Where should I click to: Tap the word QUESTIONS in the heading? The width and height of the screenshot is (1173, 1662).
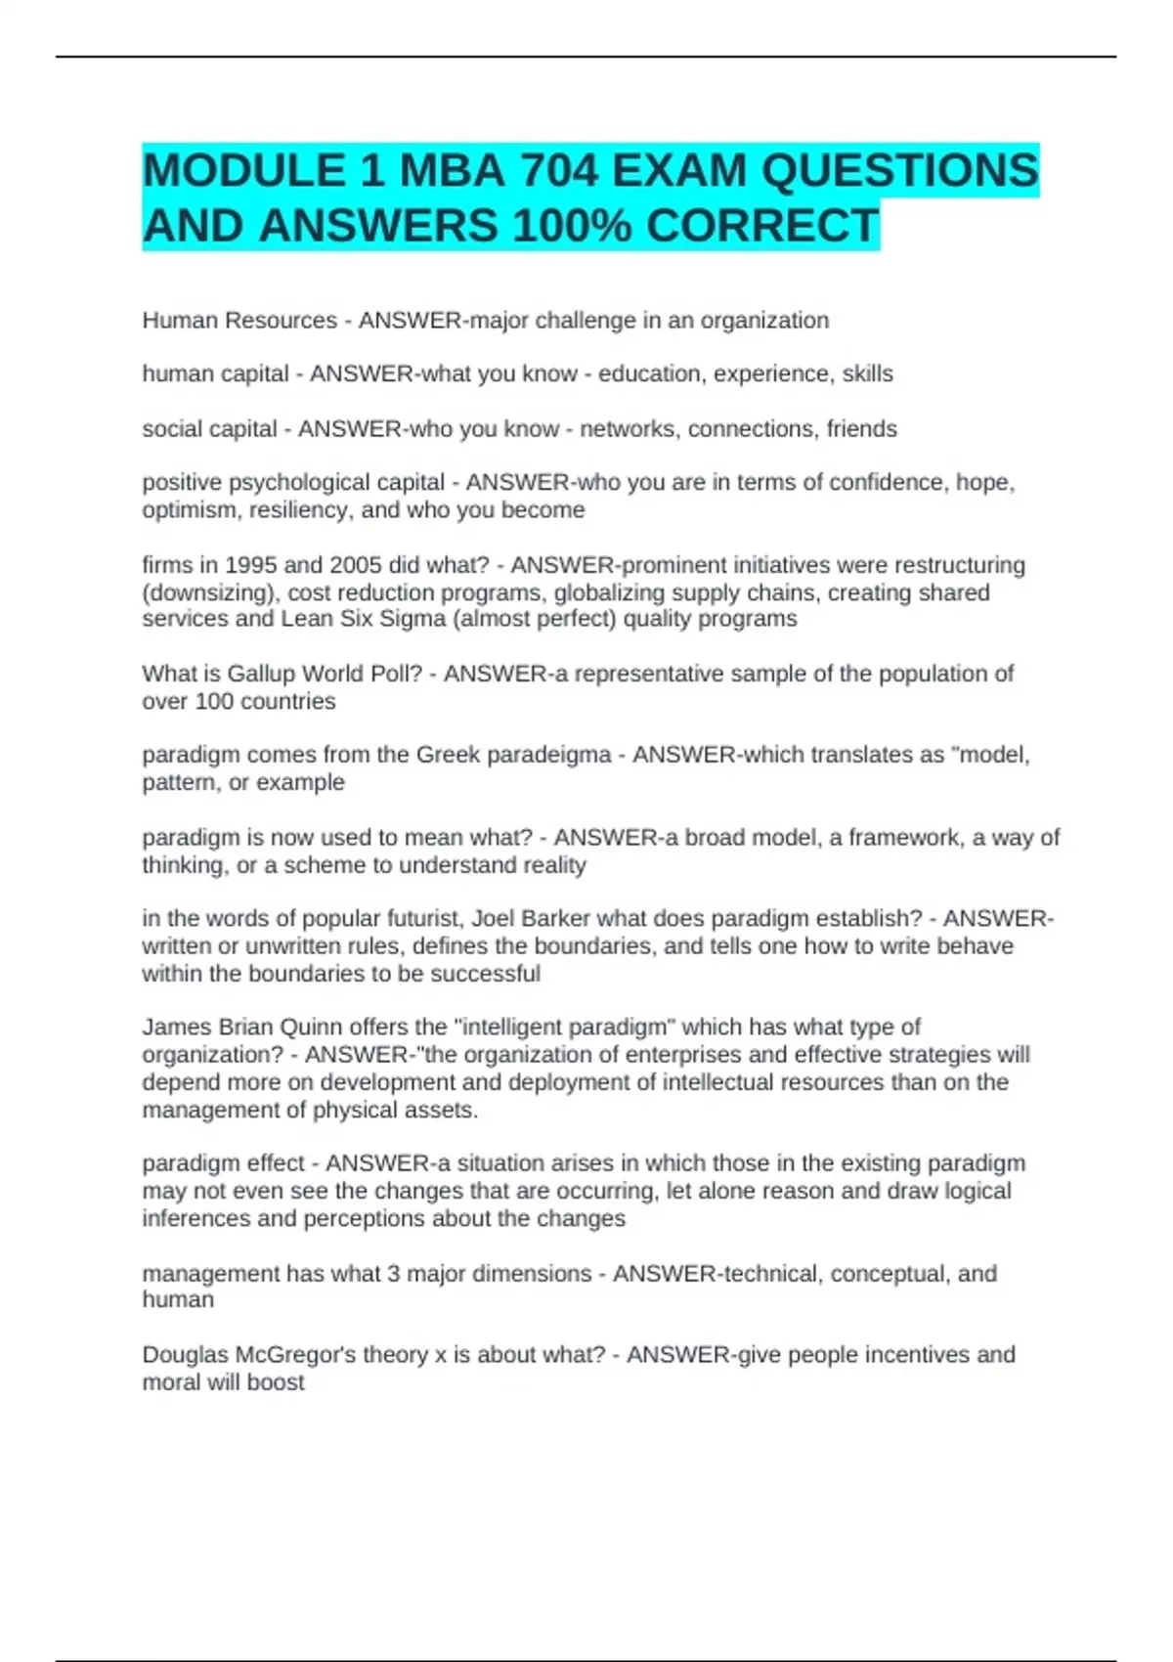pyautogui.click(x=898, y=171)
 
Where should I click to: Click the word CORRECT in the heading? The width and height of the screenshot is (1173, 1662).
pyautogui.click(x=762, y=227)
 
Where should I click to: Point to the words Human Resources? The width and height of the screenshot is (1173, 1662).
pyautogui.click(x=239, y=321)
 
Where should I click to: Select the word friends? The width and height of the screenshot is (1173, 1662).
pyautogui.click(x=861, y=429)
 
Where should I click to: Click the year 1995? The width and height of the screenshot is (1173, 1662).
pyautogui.click(x=251, y=565)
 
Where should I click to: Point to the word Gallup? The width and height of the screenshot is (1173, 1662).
pyautogui.click(x=262, y=674)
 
